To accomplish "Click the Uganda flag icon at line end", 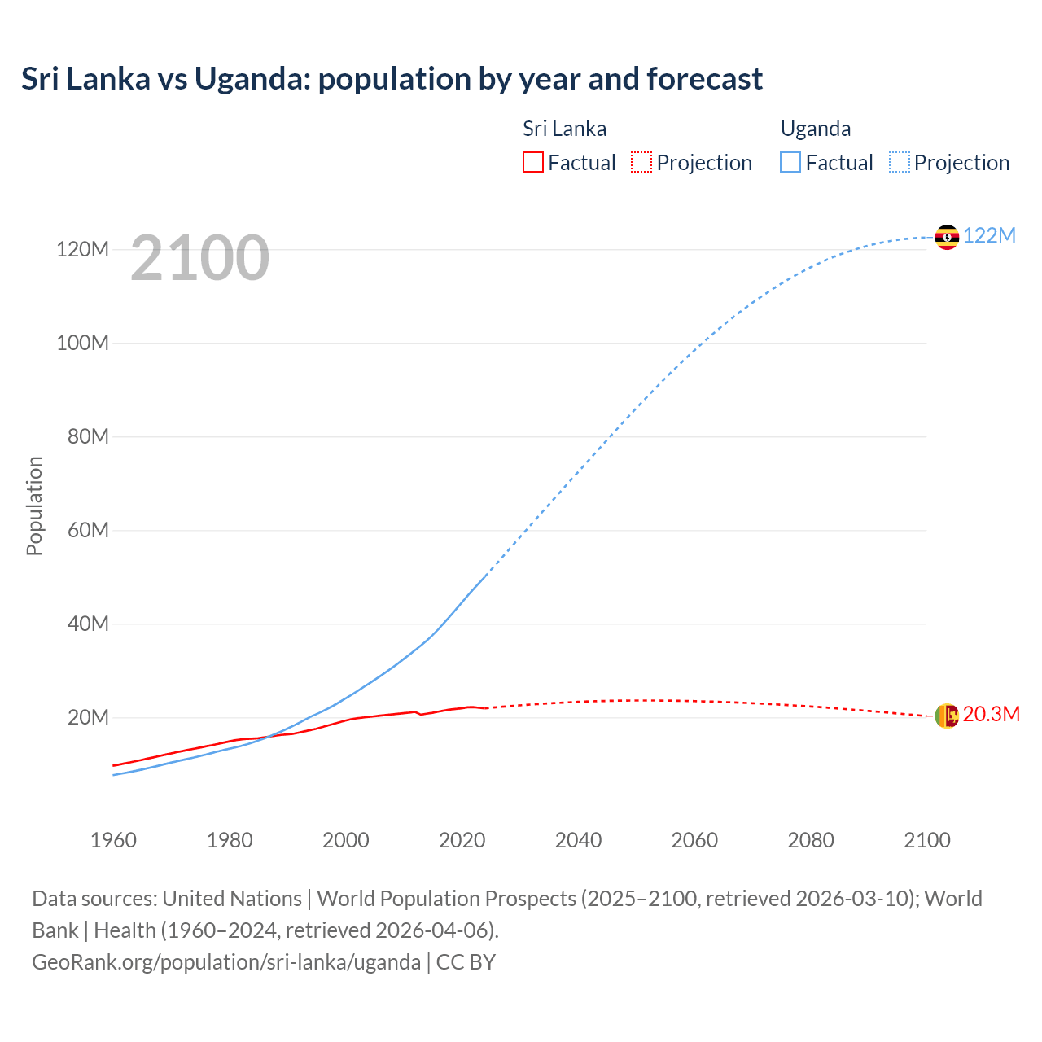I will click(947, 237).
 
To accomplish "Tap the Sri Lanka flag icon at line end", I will click(947, 716).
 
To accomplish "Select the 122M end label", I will click(989, 235).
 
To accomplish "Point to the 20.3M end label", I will click(991, 714).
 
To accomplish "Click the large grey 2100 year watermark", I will click(199, 257).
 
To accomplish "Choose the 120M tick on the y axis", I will click(82, 249).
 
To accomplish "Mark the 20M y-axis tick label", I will click(88, 717).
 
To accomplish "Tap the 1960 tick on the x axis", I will click(113, 840).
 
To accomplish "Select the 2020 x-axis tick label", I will click(462, 840).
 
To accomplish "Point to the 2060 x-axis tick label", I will click(694, 840).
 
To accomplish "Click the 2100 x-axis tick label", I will click(926, 840).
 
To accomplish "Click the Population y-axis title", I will click(34, 506).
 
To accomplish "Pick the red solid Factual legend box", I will click(532, 162).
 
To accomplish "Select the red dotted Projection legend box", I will click(641, 162).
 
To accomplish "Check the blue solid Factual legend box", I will click(790, 162).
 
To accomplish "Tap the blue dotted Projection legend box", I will click(900, 162).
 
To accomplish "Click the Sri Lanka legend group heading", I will click(564, 129).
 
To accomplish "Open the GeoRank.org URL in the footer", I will click(226, 961).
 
